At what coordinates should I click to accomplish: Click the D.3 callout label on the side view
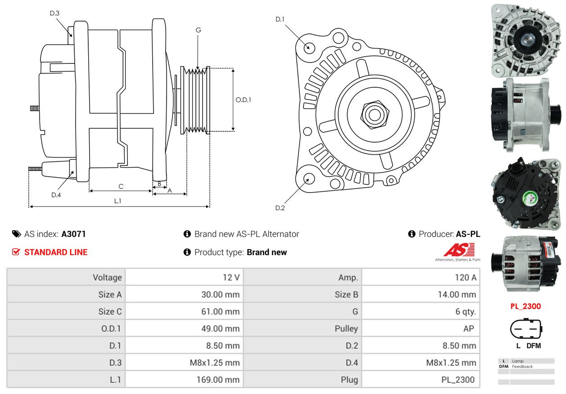click(54, 13)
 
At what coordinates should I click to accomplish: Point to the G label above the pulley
click(198, 30)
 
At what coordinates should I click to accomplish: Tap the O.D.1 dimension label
click(244, 99)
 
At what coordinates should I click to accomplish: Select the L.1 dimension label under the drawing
click(118, 201)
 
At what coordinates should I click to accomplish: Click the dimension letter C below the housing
click(121, 186)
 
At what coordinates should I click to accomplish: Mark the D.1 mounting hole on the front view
click(309, 47)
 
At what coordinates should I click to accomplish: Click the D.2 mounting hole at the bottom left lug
click(309, 179)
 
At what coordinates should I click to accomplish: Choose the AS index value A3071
click(73, 234)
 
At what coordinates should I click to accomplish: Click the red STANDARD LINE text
click(56, 252)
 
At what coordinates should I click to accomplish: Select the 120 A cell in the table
click(465, 278)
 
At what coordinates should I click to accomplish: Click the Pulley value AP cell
click(468, 329)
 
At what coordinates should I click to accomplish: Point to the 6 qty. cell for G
click(465, 312)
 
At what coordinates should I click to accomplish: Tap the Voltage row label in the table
click(107, 278)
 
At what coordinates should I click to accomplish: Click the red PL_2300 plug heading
click(525, 306)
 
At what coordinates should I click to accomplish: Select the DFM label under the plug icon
click(534, 346)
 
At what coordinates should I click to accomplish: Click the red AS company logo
click(458, 250)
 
